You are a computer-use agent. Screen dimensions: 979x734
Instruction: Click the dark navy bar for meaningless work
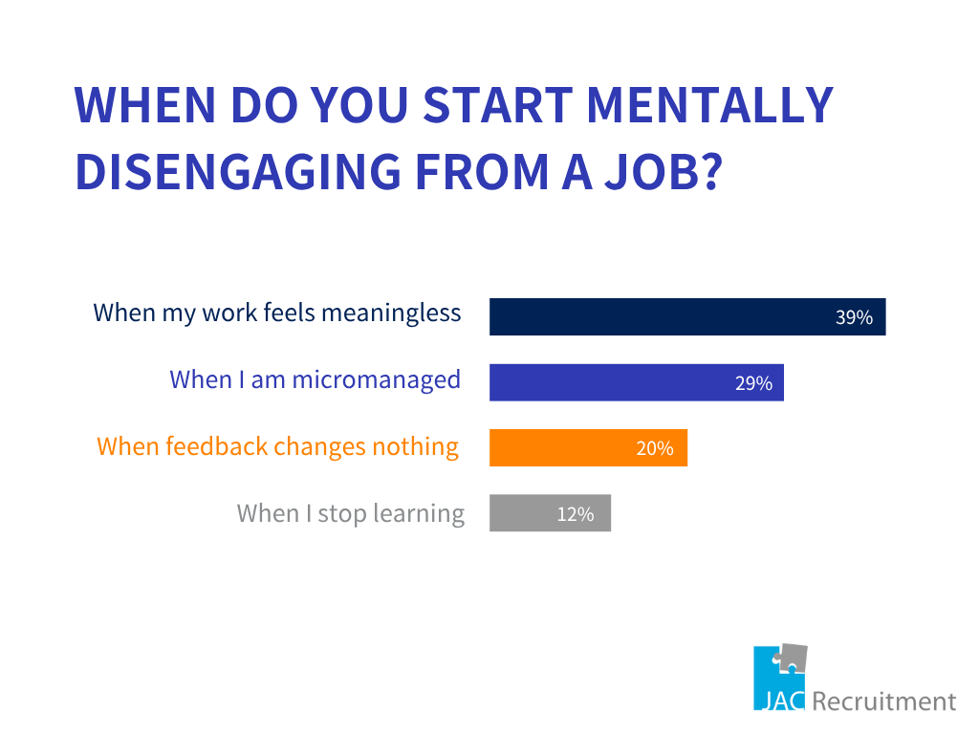687,316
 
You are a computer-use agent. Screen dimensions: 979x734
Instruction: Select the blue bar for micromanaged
636,382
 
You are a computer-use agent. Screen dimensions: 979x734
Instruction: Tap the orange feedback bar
588,447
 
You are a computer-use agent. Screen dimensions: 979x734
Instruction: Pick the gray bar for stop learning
550,513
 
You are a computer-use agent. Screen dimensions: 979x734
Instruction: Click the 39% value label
854,317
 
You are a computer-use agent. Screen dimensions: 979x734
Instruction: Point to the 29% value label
753,382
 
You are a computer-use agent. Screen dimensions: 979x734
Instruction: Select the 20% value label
654,448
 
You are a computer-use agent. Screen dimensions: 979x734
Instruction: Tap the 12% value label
575,513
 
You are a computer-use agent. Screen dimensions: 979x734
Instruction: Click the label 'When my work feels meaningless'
277,313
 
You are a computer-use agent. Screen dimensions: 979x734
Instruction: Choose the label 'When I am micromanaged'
315,380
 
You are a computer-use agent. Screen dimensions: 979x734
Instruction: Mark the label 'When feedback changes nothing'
278,447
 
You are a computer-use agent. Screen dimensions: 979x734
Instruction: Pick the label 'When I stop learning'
351,514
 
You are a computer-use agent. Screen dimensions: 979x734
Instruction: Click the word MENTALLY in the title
710,105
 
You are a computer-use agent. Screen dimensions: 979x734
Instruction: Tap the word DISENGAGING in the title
238,171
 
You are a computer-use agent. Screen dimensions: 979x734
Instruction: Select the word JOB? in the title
664,171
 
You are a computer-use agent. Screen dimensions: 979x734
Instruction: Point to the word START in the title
497,105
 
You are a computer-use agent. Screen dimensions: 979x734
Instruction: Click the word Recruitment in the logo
884,701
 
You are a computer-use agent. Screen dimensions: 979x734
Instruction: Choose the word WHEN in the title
145,105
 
